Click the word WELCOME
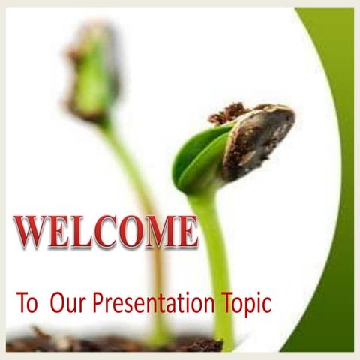click(x=106, y=232)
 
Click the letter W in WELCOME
click(x=31, y=232)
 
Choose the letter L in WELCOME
click(x=82, y=232)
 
